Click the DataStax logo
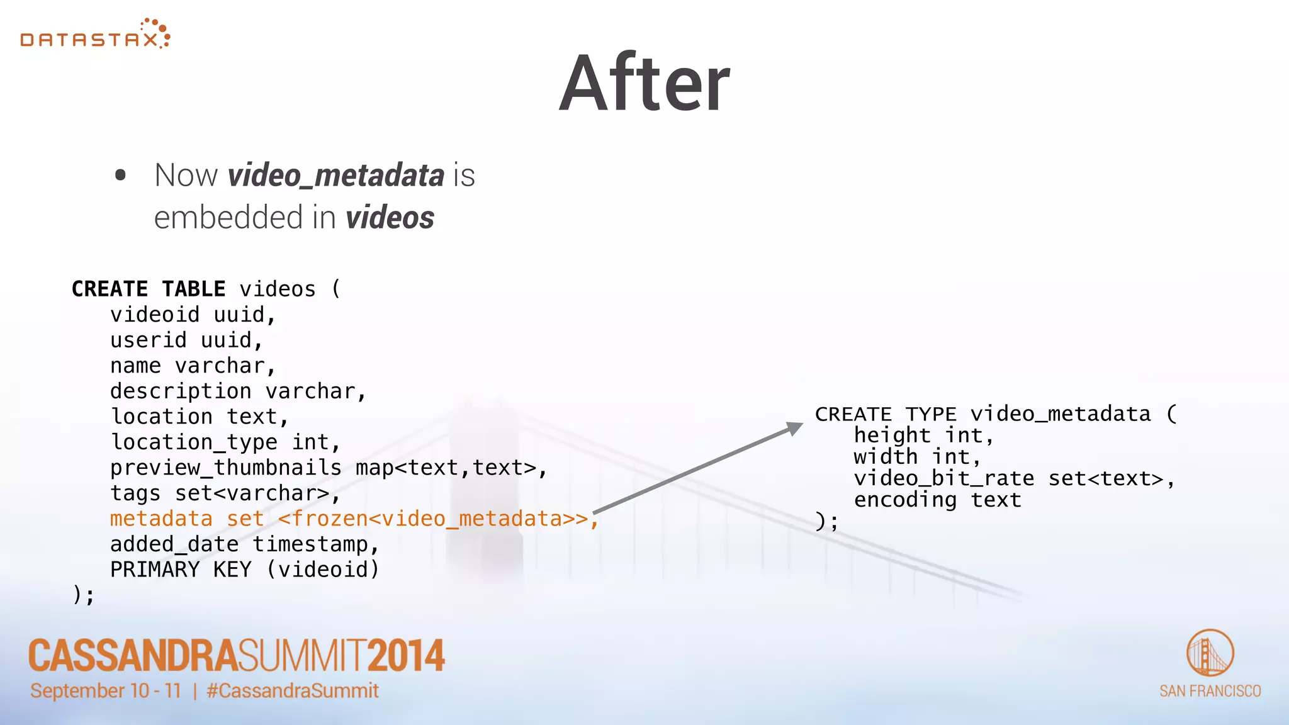pyautogui.click(x=95, y=35)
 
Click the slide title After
pyautogui.click(x=644, y=84)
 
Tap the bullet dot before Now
pyautogui.click(x=121, y=176)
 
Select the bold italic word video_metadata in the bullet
pyautogui.click(x=336, y=176)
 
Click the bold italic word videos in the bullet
pyautogui.click(x=390, y=218)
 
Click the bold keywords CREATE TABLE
pyautogui.click(x=149, y=289)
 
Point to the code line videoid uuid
pyautogui.click(x=193, y=315)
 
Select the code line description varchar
pyautogui.click(x=237, y=391)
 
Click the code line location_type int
pyautogui.click(x=225, y=442)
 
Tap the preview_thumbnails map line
pyautogui.click(x=328, y=468)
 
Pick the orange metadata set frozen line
pyautogui.click(x=352, y=519)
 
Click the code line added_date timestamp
pyautogui.click(x=244, y=544)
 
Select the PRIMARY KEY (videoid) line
pyautogui.click(x=244, y=570)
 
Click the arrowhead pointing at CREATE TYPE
pyautogui.click(x=795, y=429)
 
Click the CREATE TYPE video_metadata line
pyautogui.click(x=995, y=414)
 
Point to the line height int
pyautogui.click(x=923, y=436)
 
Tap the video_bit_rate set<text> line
pyautogui.click(x=1013, y=478)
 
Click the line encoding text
pyautogui.click(x=937, y=500)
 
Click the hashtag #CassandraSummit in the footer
pyautogui.click(x=293, y=691)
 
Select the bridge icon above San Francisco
pyautogui.click(x=1210, y=653)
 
